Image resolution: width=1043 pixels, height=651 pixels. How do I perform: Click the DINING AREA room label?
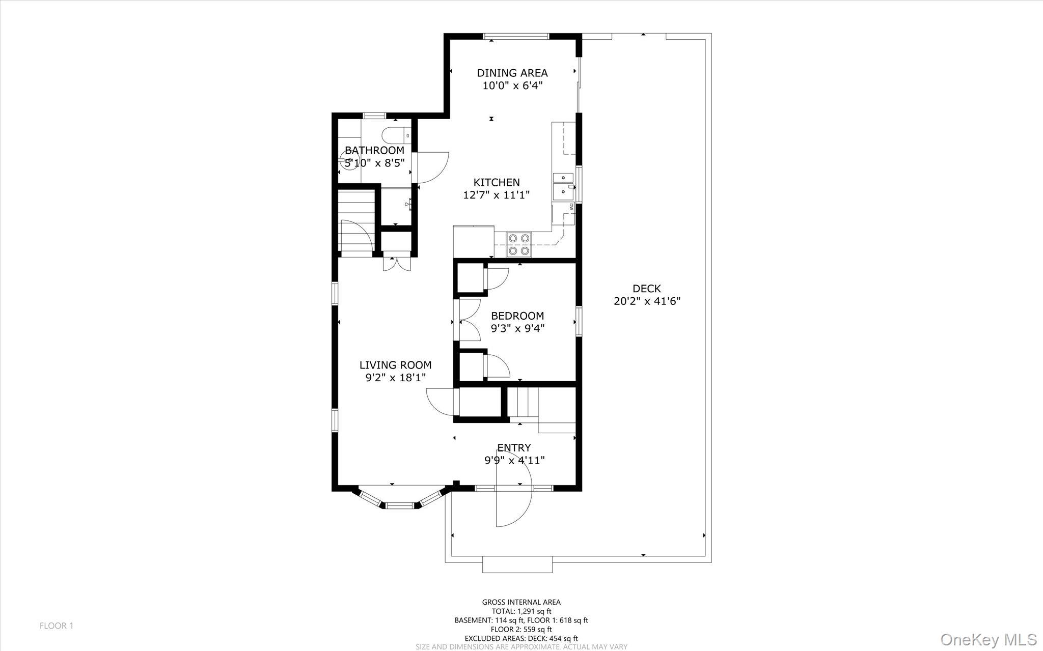coord(512,73)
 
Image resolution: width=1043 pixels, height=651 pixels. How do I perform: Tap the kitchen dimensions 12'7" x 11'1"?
coord(497,194)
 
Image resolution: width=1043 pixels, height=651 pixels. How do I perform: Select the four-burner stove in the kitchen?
coord(518,244)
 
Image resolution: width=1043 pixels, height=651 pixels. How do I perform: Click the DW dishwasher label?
coord(571,207)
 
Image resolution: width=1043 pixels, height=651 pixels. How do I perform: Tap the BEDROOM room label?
coord(517,316)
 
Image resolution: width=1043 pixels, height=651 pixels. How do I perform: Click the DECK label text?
coord(647,289)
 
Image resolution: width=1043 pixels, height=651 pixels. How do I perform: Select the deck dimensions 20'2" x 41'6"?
coord(647,301)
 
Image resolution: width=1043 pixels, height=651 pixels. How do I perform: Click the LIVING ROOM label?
coord(395,365)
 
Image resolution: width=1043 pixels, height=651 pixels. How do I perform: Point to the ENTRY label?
coord(514,447)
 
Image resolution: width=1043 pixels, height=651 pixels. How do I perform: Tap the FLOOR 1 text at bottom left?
coord(57,626)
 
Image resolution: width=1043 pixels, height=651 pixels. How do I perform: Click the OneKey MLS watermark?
coord(988,639)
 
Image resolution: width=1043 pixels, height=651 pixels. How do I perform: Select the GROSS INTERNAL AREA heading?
coord(521,602)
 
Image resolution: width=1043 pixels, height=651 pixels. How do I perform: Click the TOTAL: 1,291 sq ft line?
coord(521,611)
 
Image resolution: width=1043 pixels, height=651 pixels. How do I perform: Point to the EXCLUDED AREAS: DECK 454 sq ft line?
coord(521,638)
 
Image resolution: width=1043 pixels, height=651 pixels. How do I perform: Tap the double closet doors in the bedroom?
coord(470,321)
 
